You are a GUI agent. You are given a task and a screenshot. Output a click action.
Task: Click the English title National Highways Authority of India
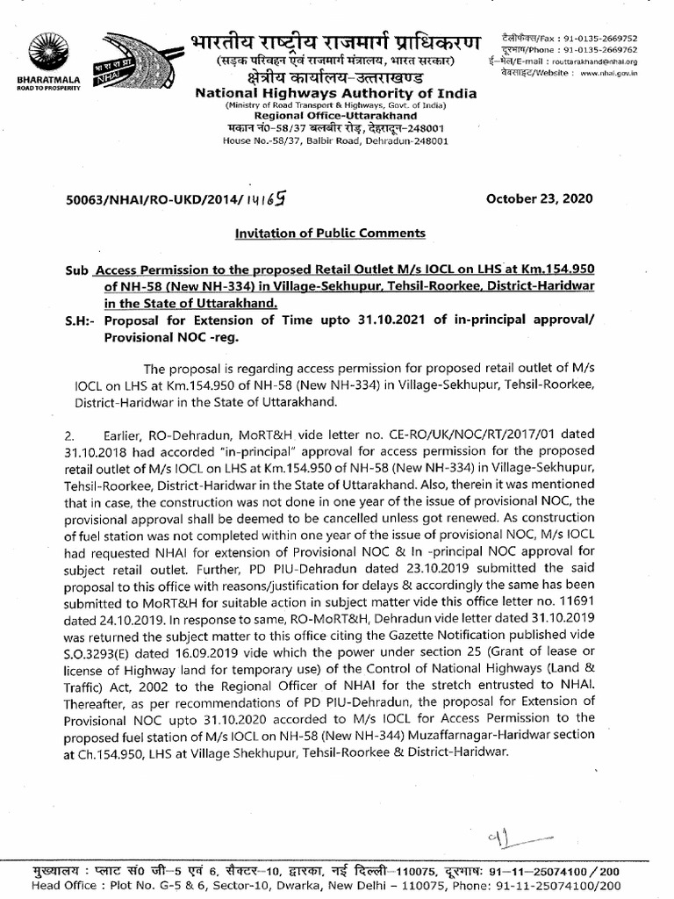pyautogui.click(x=336, y=93)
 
